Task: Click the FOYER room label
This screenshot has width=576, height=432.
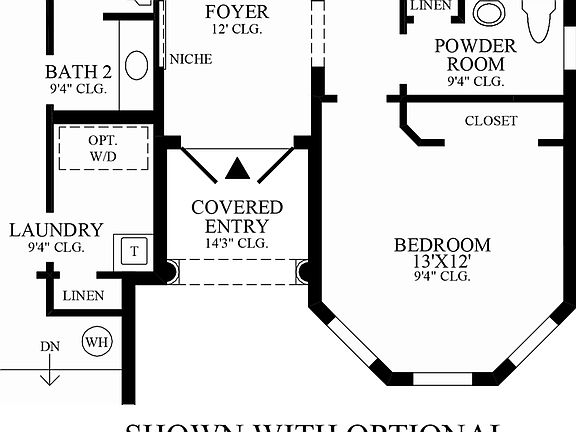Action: [x=237, y=12]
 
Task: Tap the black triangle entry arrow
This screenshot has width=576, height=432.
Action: [x=237, y=169]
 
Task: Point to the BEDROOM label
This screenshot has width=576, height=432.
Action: [x=442, y=245]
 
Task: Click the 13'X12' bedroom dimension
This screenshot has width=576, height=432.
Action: [x=442, y=262]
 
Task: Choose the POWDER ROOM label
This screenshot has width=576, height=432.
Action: [x=475, y=56]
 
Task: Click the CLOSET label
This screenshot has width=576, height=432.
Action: [x=491, y=121]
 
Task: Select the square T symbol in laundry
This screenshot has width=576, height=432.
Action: [x=133, y=250]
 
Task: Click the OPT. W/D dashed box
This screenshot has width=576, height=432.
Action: [x=103, y=151]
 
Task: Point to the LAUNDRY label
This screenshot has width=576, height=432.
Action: [x=56, y=231]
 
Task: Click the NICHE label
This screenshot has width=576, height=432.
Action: [x=190, y=59]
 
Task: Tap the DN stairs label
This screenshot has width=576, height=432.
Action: [x=50, y=347]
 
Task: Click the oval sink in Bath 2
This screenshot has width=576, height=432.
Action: [x=137, y=65]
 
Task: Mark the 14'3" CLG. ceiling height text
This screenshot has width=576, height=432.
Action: [x=237, y=243]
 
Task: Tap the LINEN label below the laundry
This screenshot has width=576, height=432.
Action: [x=82, y=296]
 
